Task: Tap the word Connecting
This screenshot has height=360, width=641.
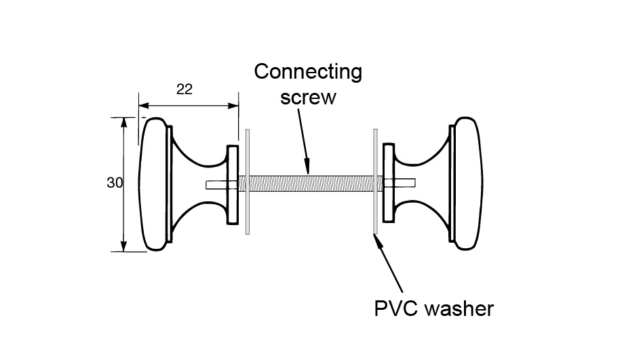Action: (x=308, y=73)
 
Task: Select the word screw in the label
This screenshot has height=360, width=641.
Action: (x=309, y=97)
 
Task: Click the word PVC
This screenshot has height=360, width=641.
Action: (x=397, y=309)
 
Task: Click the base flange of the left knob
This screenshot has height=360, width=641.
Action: (x=233, y=184)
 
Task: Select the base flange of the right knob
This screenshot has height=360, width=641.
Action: (x=389, y=184)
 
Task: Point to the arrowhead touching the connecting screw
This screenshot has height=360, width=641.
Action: (x=307, y=167)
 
